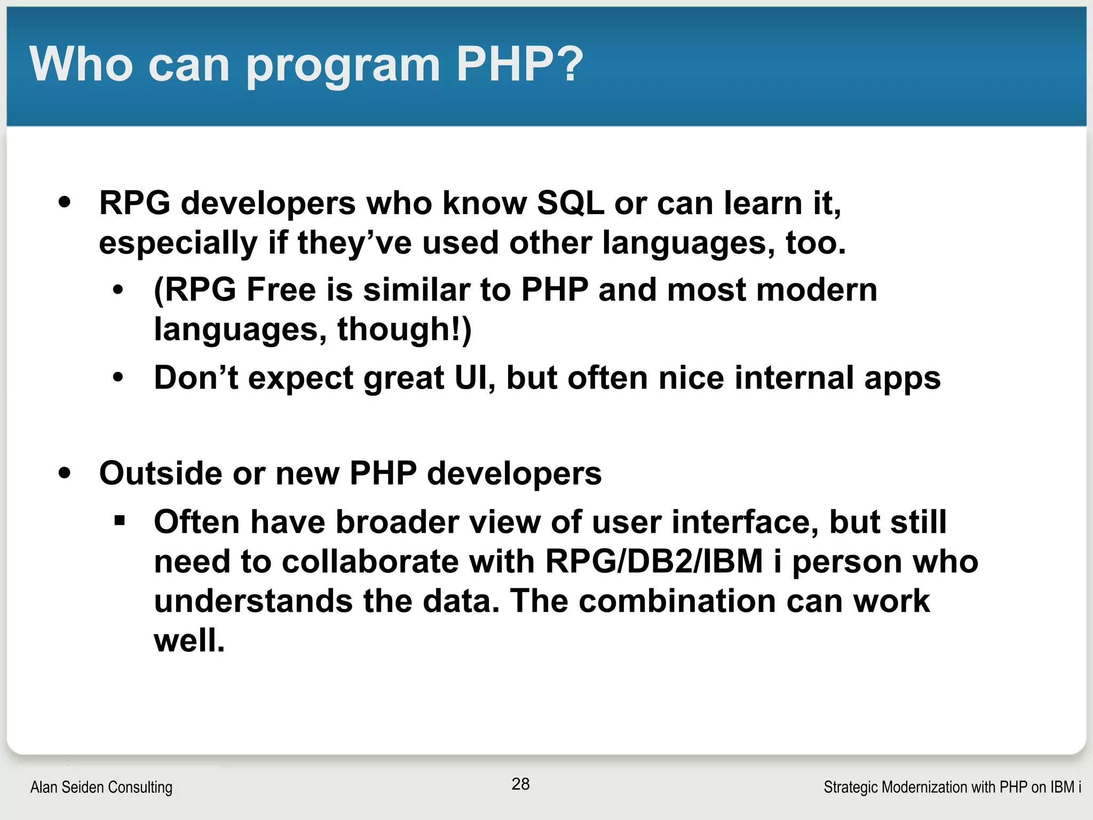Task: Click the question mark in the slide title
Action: (567, 64)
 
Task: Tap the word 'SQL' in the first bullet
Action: (570, 203)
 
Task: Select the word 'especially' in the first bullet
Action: (178, 243)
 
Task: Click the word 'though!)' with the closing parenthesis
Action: (405, 329)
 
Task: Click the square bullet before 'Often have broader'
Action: (120, 520)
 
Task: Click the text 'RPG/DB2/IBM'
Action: (654, 562)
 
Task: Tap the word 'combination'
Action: (677, 601)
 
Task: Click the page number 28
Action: (520, 784)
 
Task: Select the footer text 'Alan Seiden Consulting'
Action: (101, 787)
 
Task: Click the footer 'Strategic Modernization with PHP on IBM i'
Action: (952, 787)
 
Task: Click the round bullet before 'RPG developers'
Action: (65, 202)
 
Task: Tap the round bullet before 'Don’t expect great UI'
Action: (118, 377)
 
